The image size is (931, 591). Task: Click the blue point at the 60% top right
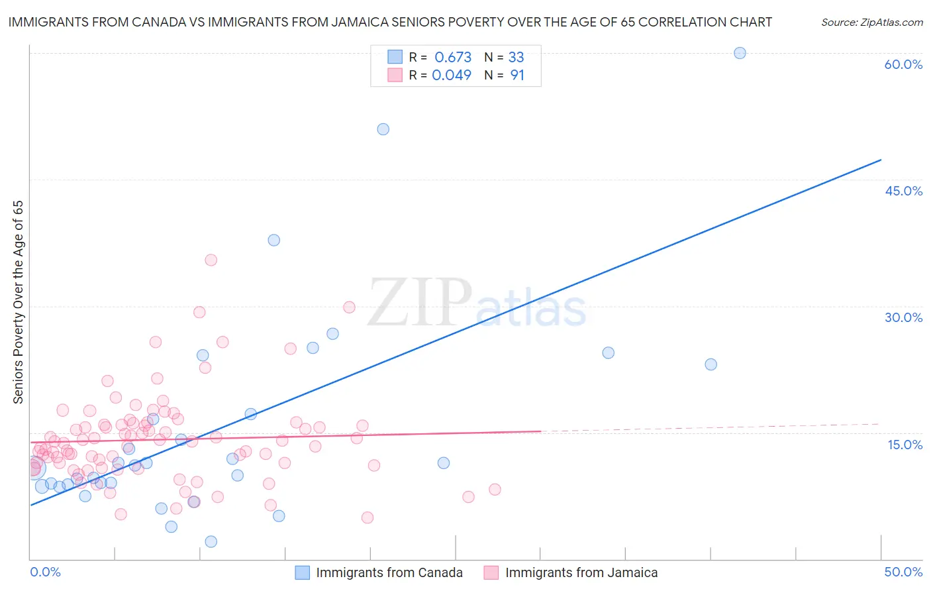(x=740, y=53)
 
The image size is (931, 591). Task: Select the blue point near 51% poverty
(x=383, y=129)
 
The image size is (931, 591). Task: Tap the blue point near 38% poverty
(x=273, y=240)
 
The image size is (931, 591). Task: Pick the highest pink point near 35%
(x=211, y=260)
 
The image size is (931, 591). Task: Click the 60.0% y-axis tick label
(x=903, y=64)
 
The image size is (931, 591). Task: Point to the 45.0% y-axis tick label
(x=903, y=191)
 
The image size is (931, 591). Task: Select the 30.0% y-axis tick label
(x=903, y=317)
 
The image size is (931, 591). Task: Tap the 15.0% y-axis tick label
(x=905, y=445)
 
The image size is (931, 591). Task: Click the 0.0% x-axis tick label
(x=45, y=572)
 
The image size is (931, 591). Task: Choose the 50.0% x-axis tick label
(x=903, y=572)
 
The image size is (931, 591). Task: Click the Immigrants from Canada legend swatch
(x=302, y=572)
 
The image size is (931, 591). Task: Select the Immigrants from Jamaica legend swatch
(x=491, y=572)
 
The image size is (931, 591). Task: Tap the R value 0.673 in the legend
(x=453, y=57)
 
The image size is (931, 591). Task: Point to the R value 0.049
(x=452, y=75)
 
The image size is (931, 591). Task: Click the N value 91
(x=517, y=75)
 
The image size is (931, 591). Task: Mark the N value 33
(x=516, y=57)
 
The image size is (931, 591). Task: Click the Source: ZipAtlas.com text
(x=871, y=22)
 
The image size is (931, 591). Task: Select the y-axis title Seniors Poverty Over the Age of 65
(x=19, y=301)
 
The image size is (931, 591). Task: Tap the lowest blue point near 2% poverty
(x=211, y=541)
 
